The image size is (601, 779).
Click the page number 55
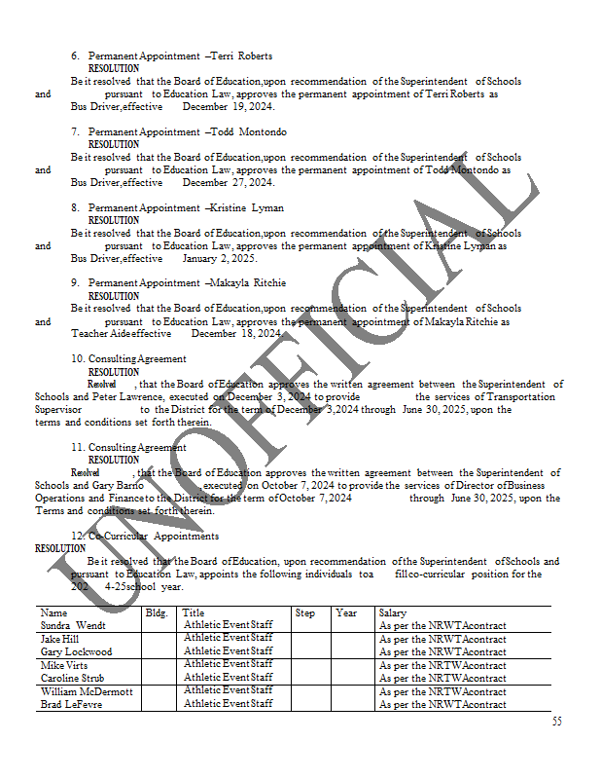coord(557,722)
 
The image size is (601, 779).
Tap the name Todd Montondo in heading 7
coord(249,131)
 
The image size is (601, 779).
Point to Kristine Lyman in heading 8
coord(248,207)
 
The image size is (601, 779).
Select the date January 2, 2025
coord(220,259)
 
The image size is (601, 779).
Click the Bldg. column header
coord(157,613)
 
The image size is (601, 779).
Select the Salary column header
coord(393,613)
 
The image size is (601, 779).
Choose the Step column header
coord(305,613)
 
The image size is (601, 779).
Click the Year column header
coord(346,613)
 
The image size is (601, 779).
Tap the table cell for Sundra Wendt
coord(73,625)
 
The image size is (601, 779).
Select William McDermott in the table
coord(87,691)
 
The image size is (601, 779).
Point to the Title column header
coord(193,613)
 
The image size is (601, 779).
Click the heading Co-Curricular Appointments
coord(154,537)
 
